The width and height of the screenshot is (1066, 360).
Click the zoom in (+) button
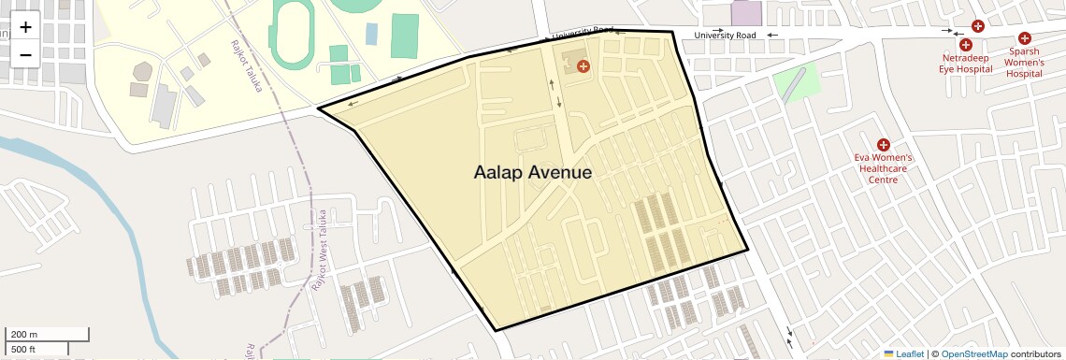25,26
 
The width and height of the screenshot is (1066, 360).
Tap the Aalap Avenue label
532,173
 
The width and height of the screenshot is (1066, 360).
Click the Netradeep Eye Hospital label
965,64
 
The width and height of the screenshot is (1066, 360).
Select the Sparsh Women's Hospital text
1024,63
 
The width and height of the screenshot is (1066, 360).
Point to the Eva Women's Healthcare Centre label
883,169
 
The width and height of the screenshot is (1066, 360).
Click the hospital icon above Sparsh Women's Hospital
1025,38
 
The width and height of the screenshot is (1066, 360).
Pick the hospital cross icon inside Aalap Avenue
583,65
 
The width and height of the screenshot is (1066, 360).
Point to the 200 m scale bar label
24,335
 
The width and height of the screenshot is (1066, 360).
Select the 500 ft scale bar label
22,349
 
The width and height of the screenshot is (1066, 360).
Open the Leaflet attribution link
903,353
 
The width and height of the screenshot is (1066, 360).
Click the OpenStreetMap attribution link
974,353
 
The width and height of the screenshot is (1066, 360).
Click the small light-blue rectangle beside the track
371,34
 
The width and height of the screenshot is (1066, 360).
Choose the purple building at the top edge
746,12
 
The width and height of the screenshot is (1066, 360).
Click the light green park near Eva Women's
796,81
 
